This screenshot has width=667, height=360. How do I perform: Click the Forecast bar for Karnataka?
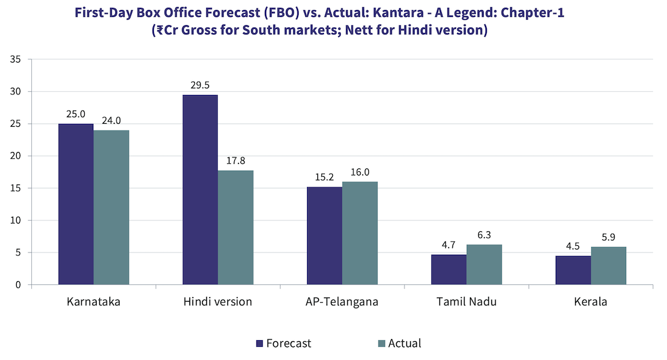(x=76, y=204)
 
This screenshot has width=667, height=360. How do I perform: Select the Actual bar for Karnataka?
(x=111, y=207)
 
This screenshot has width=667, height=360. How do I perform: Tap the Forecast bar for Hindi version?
(x=199, y=190)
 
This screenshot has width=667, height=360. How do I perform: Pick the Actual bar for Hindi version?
(x=235, y=228)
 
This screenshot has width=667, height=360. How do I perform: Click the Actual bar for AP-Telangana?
(x=360, y=233)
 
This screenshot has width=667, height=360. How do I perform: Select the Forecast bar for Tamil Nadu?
(x=449, y=270)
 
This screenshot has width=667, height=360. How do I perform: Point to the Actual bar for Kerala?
(x=609, y=266)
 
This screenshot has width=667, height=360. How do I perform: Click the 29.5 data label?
(x=199, y=85)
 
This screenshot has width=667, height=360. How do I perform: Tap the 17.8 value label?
(x=235, y=160)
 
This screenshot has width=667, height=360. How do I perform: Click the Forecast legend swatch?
(x=260, y=344)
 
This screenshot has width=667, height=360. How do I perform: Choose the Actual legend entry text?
(x=404, y=344)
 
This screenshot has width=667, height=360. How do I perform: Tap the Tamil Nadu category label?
(x=466, y=302)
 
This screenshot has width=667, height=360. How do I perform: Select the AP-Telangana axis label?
(x=342, y=302)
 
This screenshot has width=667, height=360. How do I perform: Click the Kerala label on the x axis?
(x=590, y=302)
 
